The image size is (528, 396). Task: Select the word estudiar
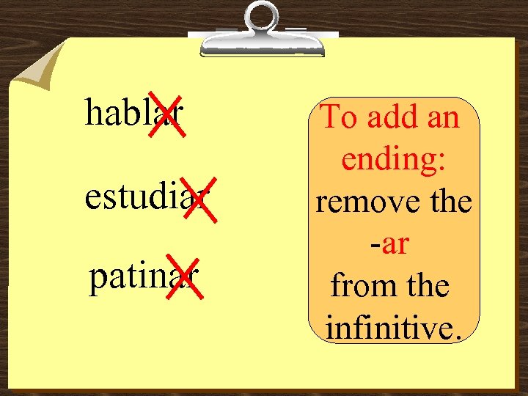pyautogui.click(x=147, y=197)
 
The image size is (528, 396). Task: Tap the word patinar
pyautogui.click(x=143, y=279)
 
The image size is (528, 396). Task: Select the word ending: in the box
pyautogui.click(x=395, y=158)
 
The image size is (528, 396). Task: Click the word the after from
pyautogui.click(x=425, y=286)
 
